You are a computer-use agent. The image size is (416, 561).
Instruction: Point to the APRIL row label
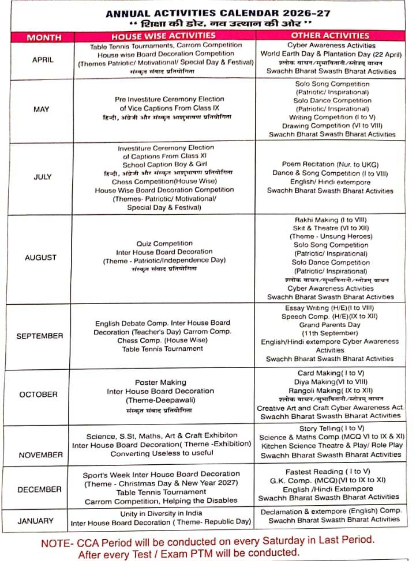tap(43, 59)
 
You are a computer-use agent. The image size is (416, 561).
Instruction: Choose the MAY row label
tap(42, 109)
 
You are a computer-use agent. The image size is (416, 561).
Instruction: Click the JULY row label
tap(43, 177)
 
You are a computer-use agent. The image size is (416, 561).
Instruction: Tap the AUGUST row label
tap(40, 258)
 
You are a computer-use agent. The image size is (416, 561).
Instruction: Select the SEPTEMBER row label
tap(40, 336)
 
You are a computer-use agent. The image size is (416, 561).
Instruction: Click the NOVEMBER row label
tap(40, 455)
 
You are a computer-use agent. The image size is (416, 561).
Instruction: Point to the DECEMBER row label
tap(39, 490)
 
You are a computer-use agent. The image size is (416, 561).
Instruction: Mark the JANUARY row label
tap(36, 521)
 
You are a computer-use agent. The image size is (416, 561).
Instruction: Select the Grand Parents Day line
tap(330, 325)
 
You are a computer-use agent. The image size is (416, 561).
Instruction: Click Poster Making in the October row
tap(160, 382)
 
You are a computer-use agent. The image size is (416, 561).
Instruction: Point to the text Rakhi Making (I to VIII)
tap(331, 220)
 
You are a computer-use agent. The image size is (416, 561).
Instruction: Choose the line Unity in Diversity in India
tap(161, 513)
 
